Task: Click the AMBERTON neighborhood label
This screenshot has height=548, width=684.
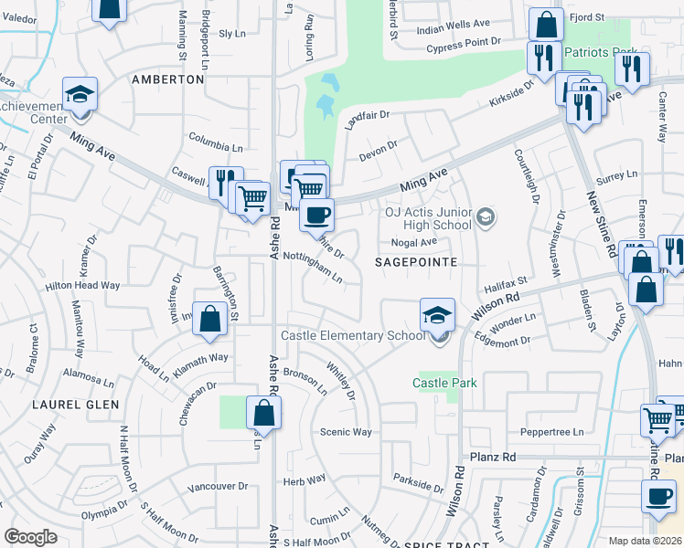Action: tap(167, 79)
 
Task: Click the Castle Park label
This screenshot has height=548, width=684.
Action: tap(444, 383)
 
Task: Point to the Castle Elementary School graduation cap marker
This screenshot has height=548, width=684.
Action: tap(437, 315)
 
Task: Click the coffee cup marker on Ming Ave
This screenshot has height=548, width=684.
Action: tap(317, 216)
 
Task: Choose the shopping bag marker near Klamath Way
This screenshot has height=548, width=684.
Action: tap(210, 320)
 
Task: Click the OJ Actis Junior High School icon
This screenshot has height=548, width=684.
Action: tap(486, 217)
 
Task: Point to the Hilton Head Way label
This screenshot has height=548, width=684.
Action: tap(83, 285)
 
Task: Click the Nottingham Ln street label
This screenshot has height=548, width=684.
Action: tap(312, 265)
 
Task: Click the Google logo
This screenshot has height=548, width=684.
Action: tap(30, 537)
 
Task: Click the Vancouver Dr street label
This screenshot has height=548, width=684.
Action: tap(218, 487)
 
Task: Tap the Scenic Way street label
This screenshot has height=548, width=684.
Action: tap(345, 432)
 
